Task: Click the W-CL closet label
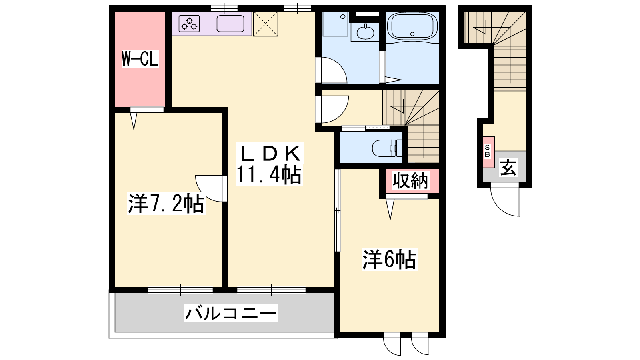pos(140,59)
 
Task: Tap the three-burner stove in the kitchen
pos(189,24)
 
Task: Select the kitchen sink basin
pos(230,24)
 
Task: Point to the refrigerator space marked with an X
pos(266,24)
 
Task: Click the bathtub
pos(412,26)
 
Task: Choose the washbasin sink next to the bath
pos(365,32)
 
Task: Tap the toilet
pos(387,148)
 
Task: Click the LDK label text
pos(271,153)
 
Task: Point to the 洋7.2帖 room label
pos(166,204)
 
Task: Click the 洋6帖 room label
pos(389,260)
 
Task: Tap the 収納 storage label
pos(410,181)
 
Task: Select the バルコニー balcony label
pos(231,313)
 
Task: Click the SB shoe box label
pos(487,151)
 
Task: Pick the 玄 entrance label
pos(508,168)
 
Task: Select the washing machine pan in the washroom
pos(335,24)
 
